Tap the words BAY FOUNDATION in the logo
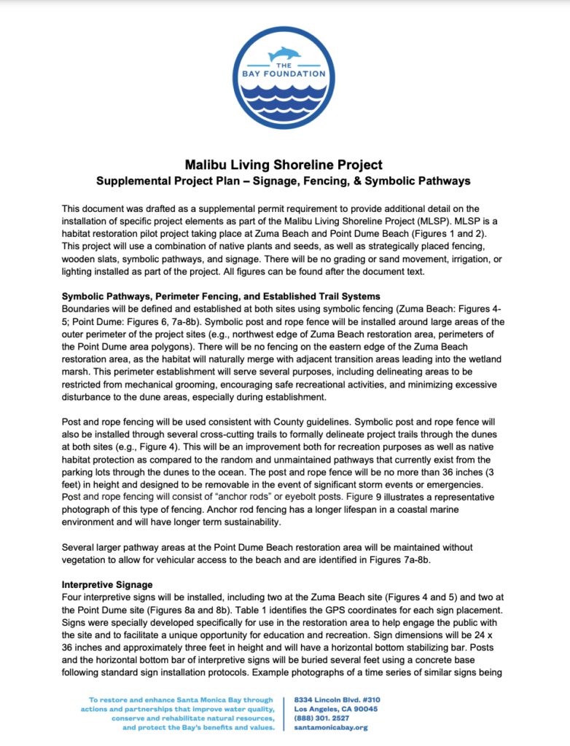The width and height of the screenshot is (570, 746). coord(284,74)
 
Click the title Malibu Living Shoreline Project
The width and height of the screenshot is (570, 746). coord(284,165)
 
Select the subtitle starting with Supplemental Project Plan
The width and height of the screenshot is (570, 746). coord(284,180)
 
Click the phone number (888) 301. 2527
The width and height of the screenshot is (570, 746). coord(321,718)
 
